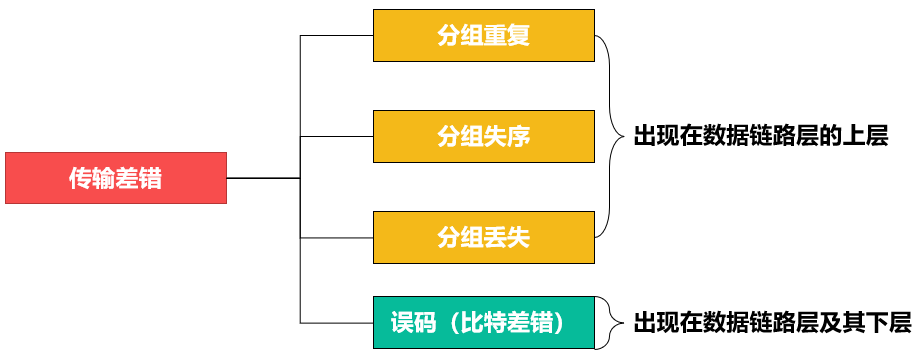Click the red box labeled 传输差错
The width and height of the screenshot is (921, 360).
116,178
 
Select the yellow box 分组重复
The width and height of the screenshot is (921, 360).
483,36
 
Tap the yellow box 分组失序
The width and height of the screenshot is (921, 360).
483,136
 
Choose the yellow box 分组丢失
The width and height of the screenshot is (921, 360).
483,237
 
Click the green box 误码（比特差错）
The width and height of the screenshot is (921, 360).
483,323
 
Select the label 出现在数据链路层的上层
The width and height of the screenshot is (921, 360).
760,136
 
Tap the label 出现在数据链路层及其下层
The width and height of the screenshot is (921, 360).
771,323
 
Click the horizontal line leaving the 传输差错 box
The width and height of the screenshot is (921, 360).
263,178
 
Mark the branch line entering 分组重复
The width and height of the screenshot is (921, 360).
337,36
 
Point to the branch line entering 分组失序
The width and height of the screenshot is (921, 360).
337,136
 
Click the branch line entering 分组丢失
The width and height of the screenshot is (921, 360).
337,237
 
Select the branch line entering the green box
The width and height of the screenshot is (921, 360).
337,323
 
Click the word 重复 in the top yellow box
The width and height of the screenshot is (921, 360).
506,36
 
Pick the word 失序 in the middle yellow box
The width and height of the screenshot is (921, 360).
506,136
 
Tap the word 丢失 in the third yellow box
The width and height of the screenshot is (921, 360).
506,237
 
